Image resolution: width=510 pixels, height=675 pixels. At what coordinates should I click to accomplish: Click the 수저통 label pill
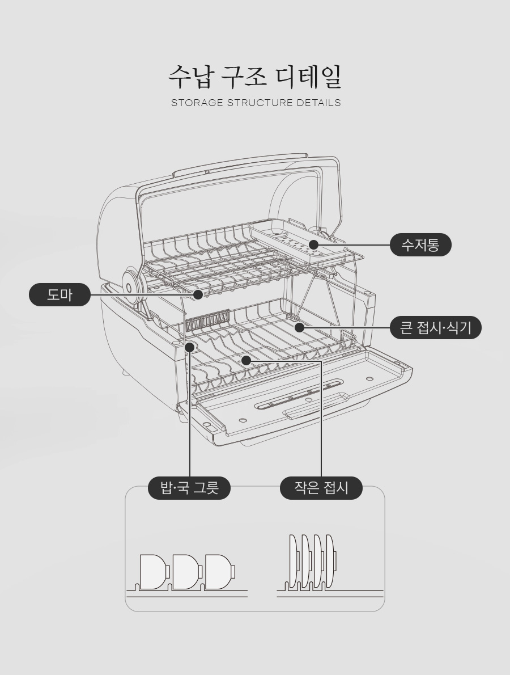tap(420, 245)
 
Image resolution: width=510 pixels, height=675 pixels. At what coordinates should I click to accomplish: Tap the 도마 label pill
tap(59, 295)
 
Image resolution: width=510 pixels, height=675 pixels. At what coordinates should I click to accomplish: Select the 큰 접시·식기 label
tap(436, 328)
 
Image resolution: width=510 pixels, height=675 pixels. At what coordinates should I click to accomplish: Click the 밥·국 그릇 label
tap(189, 488)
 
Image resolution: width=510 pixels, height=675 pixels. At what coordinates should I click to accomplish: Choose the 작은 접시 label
tap(321, 488)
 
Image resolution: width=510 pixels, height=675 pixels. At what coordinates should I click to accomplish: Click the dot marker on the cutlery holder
tap(313, 245)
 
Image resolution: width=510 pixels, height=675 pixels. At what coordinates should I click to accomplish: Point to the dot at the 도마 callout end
tap(198, 295)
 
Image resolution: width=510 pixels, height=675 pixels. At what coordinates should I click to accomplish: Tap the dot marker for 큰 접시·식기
tap(299, 328)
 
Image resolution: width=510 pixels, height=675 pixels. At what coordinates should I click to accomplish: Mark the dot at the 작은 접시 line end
tap(245, 360)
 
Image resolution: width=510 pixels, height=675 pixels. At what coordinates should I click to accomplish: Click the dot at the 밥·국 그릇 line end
tap(190, 347)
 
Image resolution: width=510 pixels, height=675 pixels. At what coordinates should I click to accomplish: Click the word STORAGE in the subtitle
tap(197, 103)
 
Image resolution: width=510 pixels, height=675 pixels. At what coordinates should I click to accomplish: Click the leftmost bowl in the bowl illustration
tap(154, 572)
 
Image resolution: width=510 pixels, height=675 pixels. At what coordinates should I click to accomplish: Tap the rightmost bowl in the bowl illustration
tap(220, 572)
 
